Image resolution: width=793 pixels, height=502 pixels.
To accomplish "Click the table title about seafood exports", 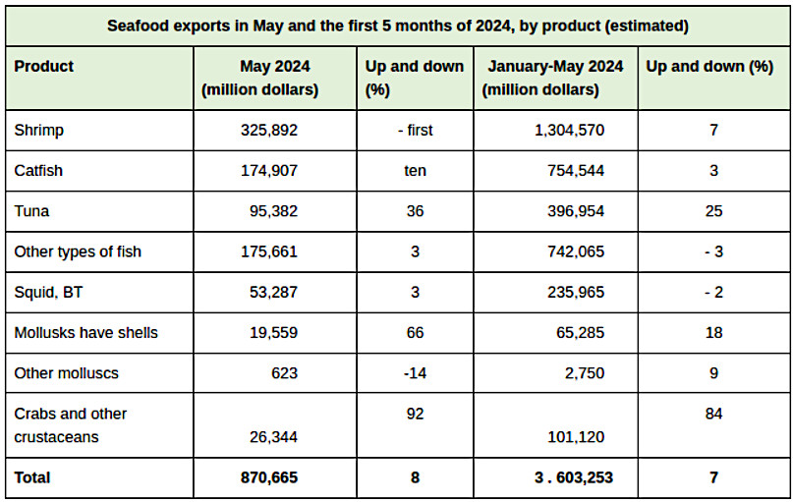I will click(x=397, y=25).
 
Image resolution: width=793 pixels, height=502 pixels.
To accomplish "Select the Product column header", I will click(x=43, y=67).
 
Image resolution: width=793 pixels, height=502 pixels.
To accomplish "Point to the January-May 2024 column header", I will click(x=552, y=78).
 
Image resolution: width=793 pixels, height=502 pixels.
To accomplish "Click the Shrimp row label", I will click(x=38, y=130).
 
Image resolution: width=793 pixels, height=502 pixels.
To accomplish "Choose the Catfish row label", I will click(x=38, y=170).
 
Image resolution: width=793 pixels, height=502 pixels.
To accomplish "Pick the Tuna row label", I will click(x=32, y=211).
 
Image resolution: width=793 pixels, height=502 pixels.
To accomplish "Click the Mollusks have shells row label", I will click(x=85, y=332).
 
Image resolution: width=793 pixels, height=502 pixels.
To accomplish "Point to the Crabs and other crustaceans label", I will click(x=70, y=424).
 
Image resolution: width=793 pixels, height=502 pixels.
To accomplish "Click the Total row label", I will click(x=32, y=477).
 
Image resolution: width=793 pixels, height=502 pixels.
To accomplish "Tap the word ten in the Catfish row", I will click(x=414, y=170).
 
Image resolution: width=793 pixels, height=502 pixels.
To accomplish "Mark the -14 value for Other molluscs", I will click(x=414, y=373).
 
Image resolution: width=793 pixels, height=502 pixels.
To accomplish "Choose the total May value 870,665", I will click(x=267, y=477).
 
